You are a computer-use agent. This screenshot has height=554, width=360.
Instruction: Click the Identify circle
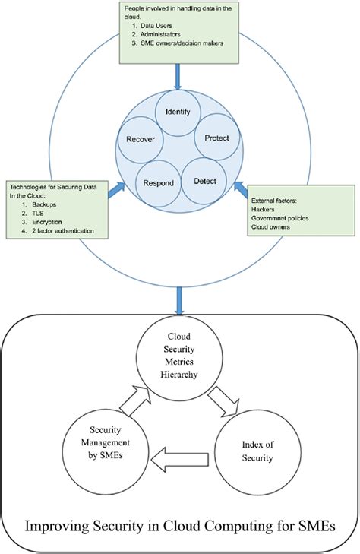[x=178, y=113]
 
